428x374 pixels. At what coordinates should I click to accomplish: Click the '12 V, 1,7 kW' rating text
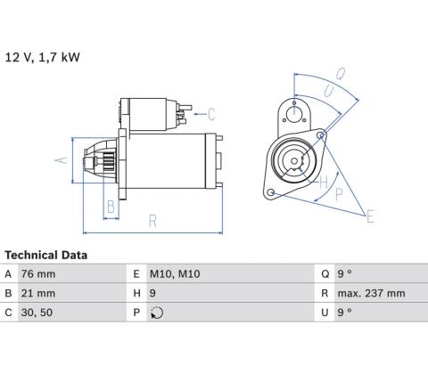(x=42, y=57)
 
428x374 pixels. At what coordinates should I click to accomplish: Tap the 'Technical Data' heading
(x=46, y=255)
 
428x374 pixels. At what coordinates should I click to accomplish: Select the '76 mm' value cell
(x=38, y=274)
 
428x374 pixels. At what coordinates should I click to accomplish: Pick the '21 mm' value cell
(x=38, y=293)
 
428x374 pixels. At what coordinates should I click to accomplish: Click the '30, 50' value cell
(x=37, y=313)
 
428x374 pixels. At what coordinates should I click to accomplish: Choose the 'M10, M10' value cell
(x=175, y=274)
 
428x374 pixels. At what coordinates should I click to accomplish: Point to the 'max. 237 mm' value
(x=371, y=293)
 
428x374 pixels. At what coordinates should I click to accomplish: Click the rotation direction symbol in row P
(x=157, y=313)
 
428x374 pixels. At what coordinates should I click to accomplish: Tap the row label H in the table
(x=136, y=293)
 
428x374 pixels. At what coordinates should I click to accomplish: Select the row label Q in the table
(x=325, y=274)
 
